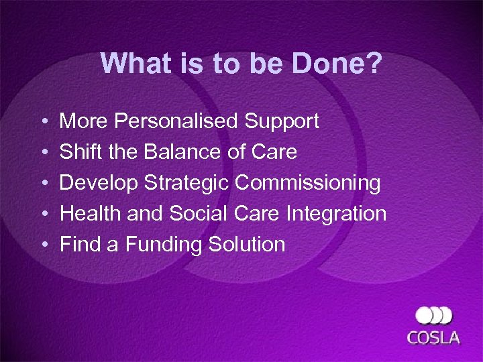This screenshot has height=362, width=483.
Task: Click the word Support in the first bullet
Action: click(x=282, y=121)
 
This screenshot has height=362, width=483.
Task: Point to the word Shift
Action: click(x=80, y=152)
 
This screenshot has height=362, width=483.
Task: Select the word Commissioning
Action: click(x=308, y=183)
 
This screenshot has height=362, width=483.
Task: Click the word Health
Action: click(x=89, y=214)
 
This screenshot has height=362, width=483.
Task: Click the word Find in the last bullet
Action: click(x=78, y=244)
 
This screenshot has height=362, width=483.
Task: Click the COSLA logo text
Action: click(x=434, y=337)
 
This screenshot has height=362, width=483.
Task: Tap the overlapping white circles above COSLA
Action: click(x=433, y=316)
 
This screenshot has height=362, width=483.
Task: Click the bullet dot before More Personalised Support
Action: click(x=42, y=123)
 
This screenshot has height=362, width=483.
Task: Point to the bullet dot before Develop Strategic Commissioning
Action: click(x=42, y=184)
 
